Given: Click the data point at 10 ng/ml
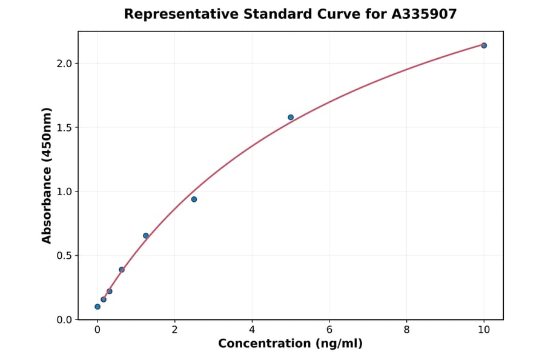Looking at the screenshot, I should pyautogui.click(x=484, y=45).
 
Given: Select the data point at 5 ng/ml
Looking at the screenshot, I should pyautogui.click(x=291, y=118).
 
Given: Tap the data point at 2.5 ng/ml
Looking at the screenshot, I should pyautogui.click(x=194, y=199).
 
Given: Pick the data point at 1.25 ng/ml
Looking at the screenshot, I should pyautogui.click(x=146, y=236).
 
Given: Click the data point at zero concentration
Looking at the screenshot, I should pyautogui.click(x=97, y=307).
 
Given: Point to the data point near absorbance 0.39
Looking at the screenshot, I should pyautogui.click(x=122, y=270).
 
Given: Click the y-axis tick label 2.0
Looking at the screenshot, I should pyautogui.click(x=64, y=64).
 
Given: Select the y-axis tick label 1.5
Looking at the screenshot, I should pyautogui.click(x=64, y=128).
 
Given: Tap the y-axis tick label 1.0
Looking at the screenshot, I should pyautogui.click(x=64, y=192).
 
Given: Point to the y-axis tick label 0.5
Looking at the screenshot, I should pyautogui.click(x=64, y=256).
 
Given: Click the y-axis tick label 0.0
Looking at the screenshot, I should pyautogui.click(x=64, y=320).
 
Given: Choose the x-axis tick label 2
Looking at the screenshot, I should pyautogui.click(x=174, y=330).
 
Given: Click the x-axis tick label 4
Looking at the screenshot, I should pyautogui.click(x=252, y=330).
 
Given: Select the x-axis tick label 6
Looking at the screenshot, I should pyautogui.click(x=329, y=330).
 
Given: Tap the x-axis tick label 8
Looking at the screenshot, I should pyautogui.click(x=406, y=330).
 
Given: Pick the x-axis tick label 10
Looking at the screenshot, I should pyautogui.click(x=484, y=330).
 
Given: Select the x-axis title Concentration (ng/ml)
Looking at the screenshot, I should pyautogui.click(x=290, y=344).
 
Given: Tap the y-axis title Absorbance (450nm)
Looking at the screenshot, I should pyautogui.click(x=47, y=175).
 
